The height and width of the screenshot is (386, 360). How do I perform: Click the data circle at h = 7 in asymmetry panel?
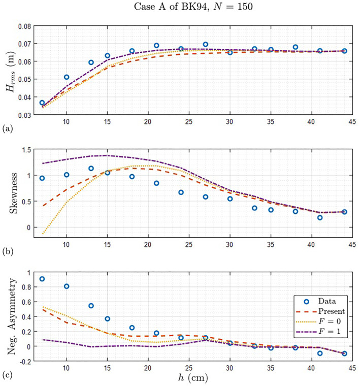[x=42, y=279]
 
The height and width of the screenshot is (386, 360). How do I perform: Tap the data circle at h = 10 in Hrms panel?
[x=66, y=77]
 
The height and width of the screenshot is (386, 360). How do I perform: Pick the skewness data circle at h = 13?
[x=91, y=168]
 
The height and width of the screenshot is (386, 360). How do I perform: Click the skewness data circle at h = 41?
[x=320, y=217]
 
